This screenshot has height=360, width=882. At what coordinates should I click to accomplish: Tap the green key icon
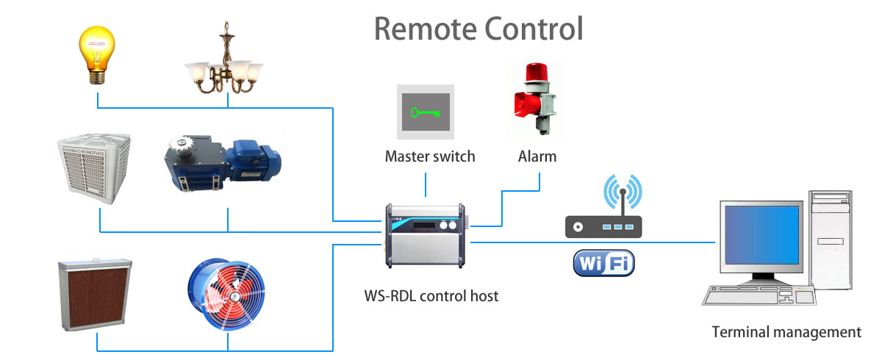(x=426, y=112)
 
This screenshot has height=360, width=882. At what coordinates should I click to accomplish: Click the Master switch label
(x=430, y=156)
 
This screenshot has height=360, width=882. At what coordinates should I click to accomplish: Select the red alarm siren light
(x=534, y=99)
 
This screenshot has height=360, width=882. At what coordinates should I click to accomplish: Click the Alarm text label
(x=537, y=156)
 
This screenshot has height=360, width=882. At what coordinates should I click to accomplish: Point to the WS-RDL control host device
(x=426, y=236)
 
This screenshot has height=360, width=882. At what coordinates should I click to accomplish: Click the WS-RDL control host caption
(x=431, y=297)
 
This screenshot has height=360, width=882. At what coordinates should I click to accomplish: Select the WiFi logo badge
(x=603, y=263)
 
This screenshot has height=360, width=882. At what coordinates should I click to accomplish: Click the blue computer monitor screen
(x=761, y=235)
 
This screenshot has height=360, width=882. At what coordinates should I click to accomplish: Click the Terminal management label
(x=786, y=332)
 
